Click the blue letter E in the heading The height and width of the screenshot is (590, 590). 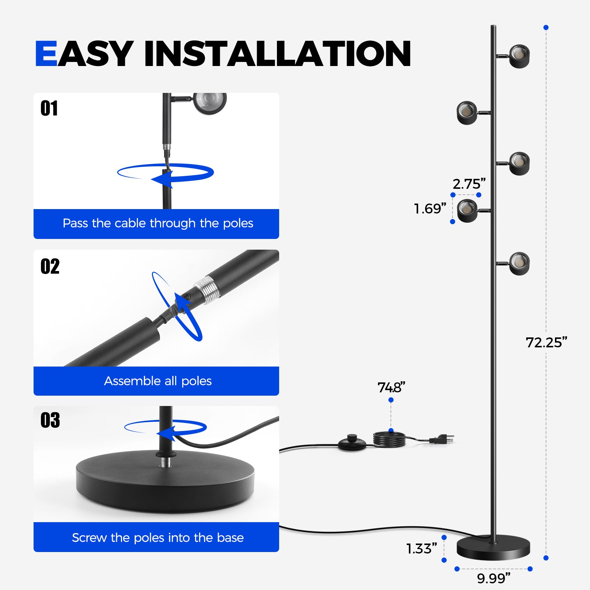click(46, 53)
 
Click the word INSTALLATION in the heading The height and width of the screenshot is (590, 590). click(278, 53)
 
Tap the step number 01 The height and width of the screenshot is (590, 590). click(49, 108)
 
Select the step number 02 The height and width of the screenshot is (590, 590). click(50, 266)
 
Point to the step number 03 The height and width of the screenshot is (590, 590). click(50, 420)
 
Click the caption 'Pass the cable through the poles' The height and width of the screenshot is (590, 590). click(158, 223)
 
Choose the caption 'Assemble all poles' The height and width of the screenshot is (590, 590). click(158, 381)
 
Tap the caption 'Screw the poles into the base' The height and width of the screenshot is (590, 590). click(158, 538)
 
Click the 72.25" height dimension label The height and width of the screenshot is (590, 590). click(546, 343)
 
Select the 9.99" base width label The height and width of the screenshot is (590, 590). click(494, 578)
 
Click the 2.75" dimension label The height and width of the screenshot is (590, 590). click(469, 184)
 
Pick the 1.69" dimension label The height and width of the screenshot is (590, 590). click(430, 209)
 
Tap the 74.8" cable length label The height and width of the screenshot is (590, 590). click(391, 388)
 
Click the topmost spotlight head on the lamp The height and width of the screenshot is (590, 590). click(519, 56)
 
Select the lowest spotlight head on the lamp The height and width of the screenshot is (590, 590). click(519, 264)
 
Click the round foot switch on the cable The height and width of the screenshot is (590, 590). click(352, 443)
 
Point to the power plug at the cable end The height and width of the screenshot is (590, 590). click(441, 439)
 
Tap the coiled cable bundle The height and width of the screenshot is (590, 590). click(389, 440)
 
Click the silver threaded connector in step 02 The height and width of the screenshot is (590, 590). click(207, 290)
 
